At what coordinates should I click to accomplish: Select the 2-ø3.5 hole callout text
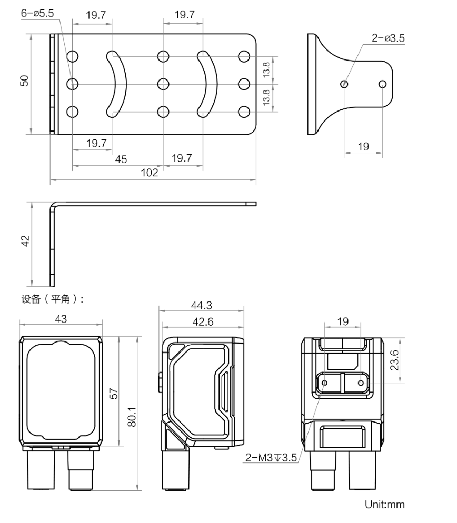[x=389, y=38]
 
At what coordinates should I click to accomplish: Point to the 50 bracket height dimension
[x=24, y=81]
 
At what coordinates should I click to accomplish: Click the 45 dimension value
[x=121, y=159]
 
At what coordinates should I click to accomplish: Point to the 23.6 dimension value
[x=394, y=360]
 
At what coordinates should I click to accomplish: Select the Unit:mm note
[x=385, y=505]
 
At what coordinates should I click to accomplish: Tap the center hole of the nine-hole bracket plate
[x=163, y=84]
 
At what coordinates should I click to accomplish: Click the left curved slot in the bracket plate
[x=118, y=83]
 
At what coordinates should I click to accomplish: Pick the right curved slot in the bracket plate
[x=207, y=83]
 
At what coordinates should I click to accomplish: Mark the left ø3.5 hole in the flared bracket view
[x=344, y=84]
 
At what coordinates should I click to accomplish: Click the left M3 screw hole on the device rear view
[x=324, y=383]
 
